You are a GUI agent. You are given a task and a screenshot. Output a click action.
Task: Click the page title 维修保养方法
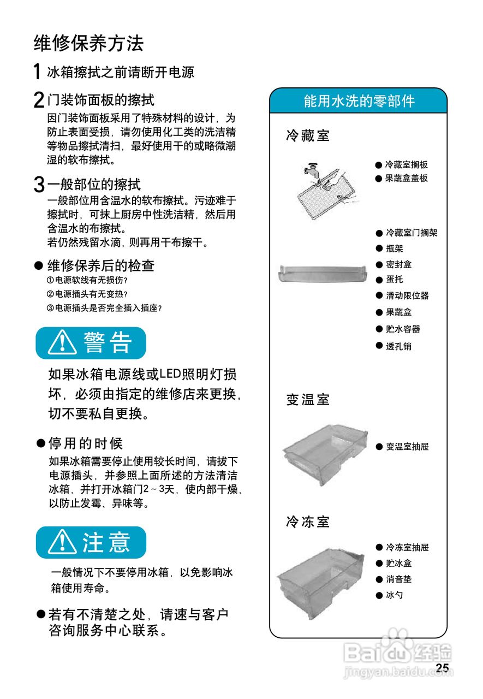coord(88,43)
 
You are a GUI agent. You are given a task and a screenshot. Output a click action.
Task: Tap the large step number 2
coord(39,100)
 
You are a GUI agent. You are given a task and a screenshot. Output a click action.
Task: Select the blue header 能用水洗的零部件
coord(359,101)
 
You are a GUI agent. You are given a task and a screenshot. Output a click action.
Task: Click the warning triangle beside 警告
coord(61,343)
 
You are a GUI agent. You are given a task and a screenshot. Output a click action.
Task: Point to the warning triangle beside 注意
coord(61,542)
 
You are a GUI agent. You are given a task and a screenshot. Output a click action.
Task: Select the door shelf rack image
coord(322,273)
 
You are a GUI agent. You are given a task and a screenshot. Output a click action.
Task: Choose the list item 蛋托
coord(394,280)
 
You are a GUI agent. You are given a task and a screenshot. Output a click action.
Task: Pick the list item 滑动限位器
coord(407,295)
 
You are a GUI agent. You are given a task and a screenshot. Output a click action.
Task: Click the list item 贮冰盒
coord(398,563)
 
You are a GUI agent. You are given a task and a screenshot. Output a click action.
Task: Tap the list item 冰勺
coord(394,595)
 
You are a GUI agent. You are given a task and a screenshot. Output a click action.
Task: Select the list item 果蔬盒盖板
coord(406,178)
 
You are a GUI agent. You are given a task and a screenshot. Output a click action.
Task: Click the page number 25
coord(442,668)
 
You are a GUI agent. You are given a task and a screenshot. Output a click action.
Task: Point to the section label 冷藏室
coord(308,135)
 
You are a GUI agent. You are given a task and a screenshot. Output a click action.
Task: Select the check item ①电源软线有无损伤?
coord(87,280)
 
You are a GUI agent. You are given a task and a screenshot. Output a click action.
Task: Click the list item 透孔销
coord(398,346)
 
